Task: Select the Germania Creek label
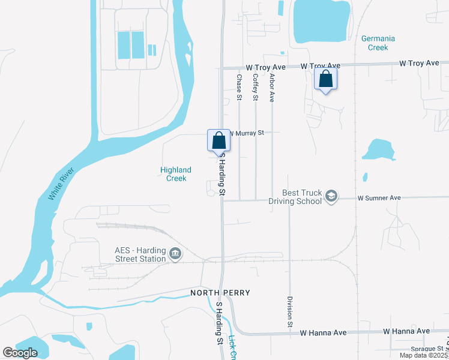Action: tap(378, 43)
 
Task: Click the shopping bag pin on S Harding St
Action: tap(219, 140)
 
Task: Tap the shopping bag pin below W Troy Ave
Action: tap(325, 79)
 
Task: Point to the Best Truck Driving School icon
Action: tap(331, 196)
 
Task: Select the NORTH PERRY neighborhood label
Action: tap(220, 293)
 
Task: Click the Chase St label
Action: tap(239, 87)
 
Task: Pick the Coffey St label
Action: tap(255, 87)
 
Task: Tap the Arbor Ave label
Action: tap(272, 88)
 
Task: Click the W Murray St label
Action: tap(245, 133)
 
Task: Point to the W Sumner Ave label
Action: tap(379, 197)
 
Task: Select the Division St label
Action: tap(290, 311)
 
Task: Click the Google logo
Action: tap(20, 353)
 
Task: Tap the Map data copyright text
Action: tap(423, 355)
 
